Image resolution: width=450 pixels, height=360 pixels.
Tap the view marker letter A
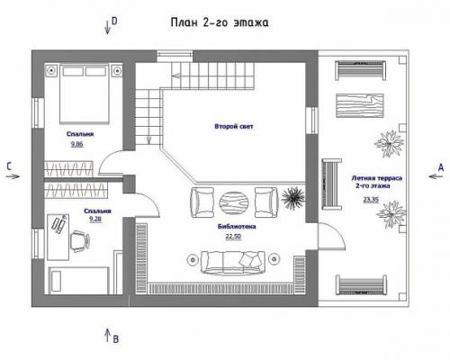[440, 167]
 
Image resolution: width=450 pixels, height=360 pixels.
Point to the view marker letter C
[8, 166]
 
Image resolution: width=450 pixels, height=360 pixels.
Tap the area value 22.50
[233, 238]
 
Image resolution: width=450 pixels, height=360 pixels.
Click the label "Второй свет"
[233, 127]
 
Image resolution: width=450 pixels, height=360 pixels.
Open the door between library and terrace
[330, 237]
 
